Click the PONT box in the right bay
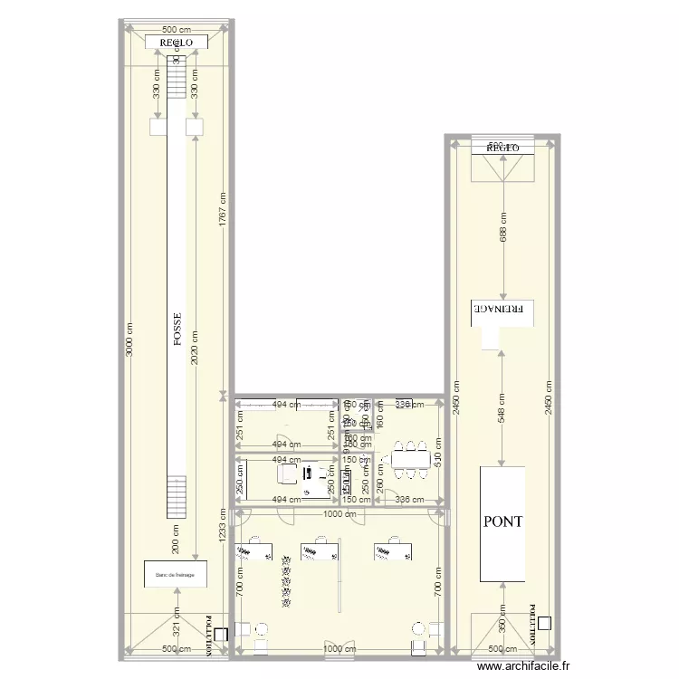coord(502,523)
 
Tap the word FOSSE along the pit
coord(178,330)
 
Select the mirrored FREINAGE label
coord(502,310)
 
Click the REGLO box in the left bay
coord(177,42)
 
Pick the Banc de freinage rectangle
coord(176,573)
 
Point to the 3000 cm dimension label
coord(129,340)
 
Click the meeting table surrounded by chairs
coord(411,459)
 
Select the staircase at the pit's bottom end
coord(176,497)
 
